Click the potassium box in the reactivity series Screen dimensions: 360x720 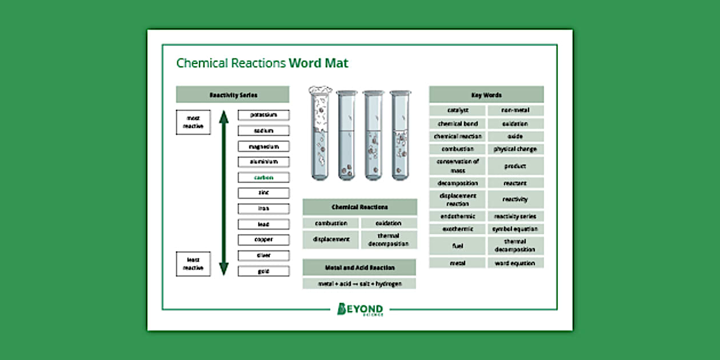click(263, 115)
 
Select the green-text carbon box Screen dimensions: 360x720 click(263, 178)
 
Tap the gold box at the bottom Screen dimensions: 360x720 click(263, 271)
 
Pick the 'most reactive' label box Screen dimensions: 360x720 click(193, 122)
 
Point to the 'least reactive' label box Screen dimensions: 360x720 click(193, 263)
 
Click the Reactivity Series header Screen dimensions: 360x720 click(233, 95)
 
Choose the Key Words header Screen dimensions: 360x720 click(486, 95)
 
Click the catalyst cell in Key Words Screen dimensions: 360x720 click(458, 110)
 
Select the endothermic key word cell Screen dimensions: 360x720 click(458, 217)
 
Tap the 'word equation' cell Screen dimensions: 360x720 click(515, 263)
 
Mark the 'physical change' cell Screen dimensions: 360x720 click(515, 149)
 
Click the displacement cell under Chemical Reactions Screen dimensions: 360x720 click(331, 239)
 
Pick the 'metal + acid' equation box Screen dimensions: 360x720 click(359, 283)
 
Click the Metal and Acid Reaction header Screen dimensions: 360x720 click(359, 267)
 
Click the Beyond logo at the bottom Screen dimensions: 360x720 click(361, 309)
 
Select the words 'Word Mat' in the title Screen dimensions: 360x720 click(318, 63)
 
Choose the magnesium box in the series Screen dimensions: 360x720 click(263, 147)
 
